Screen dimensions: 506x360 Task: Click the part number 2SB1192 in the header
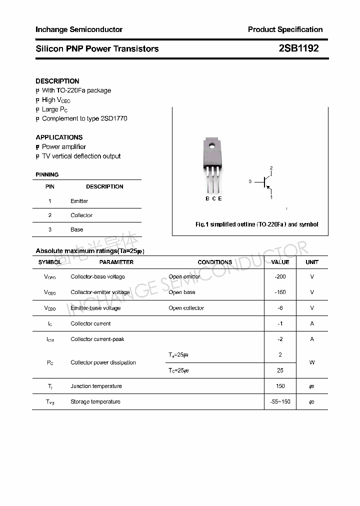[298, 48]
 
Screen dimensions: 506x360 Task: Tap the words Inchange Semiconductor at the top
[79, 29]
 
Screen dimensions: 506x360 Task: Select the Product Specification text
[285, 29]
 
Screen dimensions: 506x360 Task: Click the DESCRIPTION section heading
[57, 81]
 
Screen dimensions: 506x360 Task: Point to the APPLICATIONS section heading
[59, 137]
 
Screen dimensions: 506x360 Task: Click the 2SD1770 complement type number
[114, 118]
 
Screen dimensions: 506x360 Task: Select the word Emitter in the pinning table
[79, 201]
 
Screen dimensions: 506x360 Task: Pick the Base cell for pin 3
[76, 229]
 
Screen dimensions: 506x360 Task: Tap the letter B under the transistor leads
[207, 198]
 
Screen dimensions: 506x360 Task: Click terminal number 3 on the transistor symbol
[250, 182]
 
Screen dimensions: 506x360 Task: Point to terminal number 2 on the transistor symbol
[271, 168]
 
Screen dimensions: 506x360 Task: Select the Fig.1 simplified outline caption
[256, 224]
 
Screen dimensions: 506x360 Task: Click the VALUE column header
[280, 262]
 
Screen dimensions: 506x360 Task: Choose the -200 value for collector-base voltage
[280, 276]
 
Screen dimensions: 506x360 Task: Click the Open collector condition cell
[186, 308]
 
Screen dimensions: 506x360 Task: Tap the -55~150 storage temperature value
[280, 401]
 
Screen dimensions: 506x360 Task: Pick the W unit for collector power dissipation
[312, 362]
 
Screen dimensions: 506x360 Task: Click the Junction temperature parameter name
[96, 386]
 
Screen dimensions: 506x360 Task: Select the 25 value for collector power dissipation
[280, 370]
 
